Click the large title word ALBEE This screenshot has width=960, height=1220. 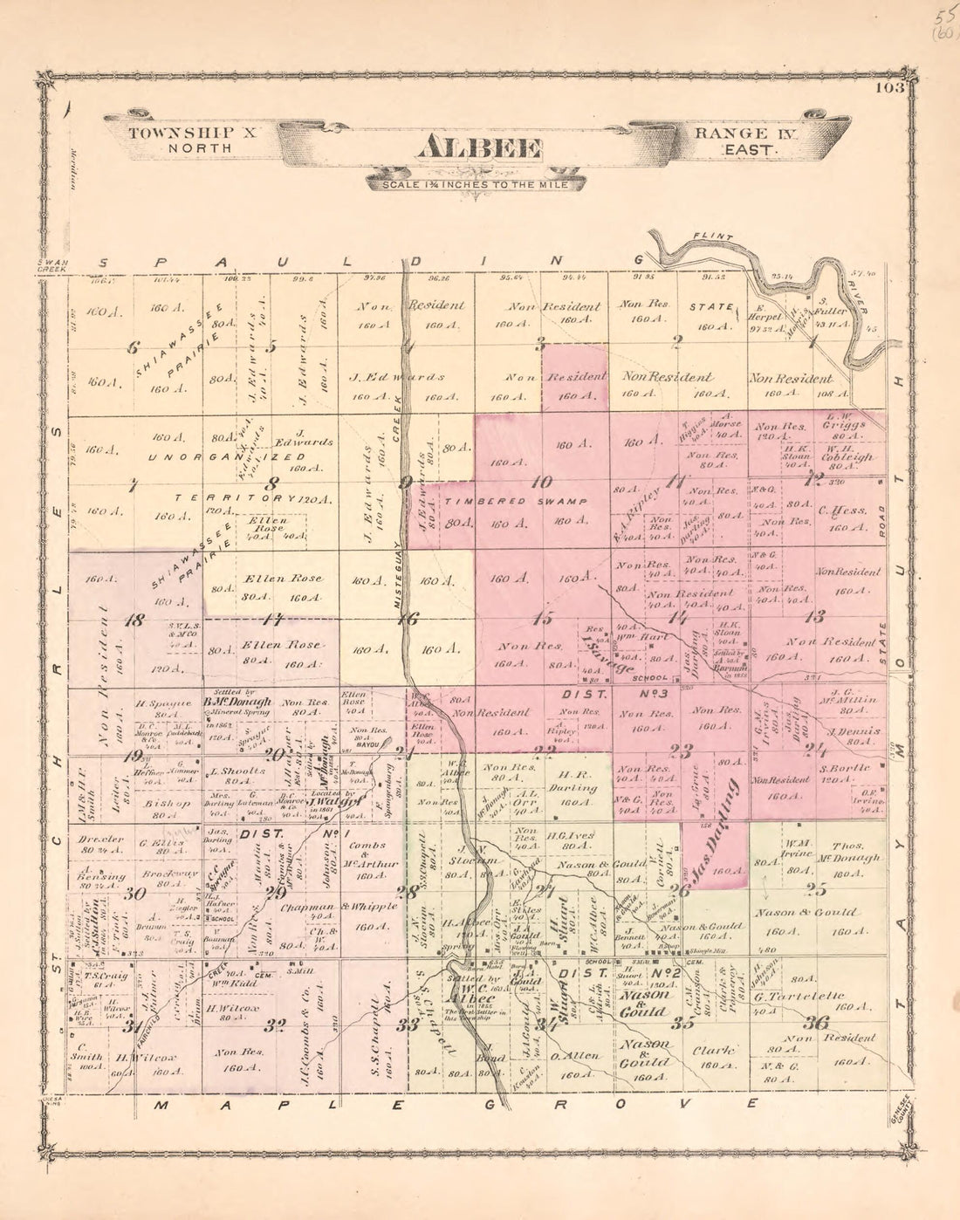(x=480, y=148)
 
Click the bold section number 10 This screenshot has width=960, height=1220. (x=541, y=481)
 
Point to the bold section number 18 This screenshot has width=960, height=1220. (x=135, y=620)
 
